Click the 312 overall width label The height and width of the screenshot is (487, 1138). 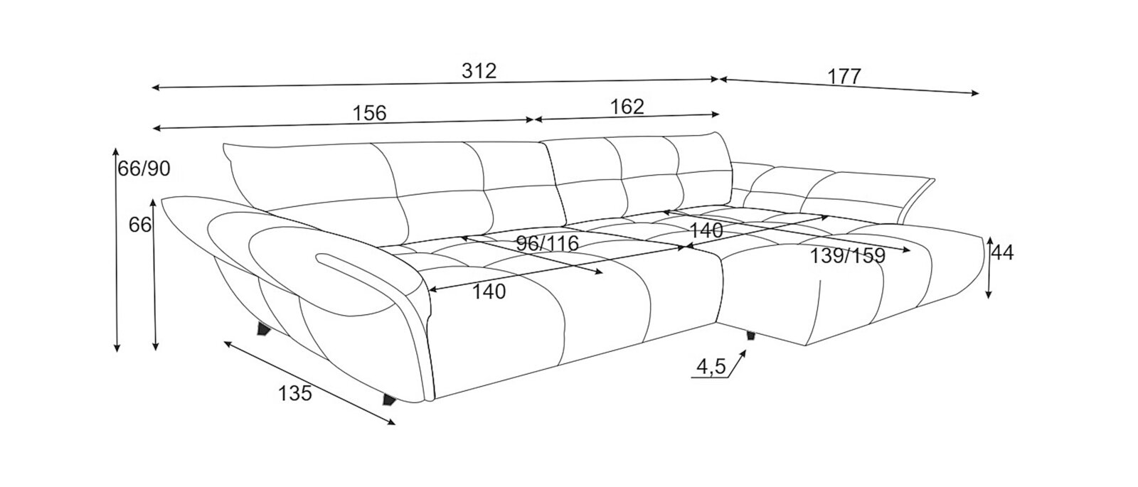pyautogui.click(x=479, y=71)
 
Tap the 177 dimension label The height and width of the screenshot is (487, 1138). pyautogui.click(x=844, y=77)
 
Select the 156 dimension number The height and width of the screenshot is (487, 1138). pyautogui.click(x=369, y=113)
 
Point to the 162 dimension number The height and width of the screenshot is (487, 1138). pyautogui.click(x=627, y=107)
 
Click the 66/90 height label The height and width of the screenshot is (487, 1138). pyautogui.click(x=144, y=168)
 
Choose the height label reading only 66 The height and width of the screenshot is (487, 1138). pyautogui.click(x=140, y=225)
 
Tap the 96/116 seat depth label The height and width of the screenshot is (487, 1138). pyautogui.click(x=547, y=244)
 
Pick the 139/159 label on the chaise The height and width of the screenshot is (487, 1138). pyautogui.click(x=847, y=256)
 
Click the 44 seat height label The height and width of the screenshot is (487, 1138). pyautogui.click(x=1002, y=253)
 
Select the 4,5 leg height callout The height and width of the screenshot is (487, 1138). pyautogui.click(x=712, y=366)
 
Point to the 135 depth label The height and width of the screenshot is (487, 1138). pyautogui.click(x=294, y=393)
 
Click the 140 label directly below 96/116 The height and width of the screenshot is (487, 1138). pyautogui.click(x=489, y=291)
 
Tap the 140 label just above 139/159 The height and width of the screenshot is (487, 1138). pyautogui.click(x=706, y=230)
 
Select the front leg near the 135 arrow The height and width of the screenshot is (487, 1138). pyautogui.click(x=389, y=400)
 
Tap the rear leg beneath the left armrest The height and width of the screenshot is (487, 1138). pyautogui.click(x=264, y=329)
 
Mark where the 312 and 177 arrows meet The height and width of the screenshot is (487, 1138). pyautogui.click(x=719, y=79)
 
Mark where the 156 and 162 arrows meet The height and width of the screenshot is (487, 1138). pyautogui.click(x=533, y=120)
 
